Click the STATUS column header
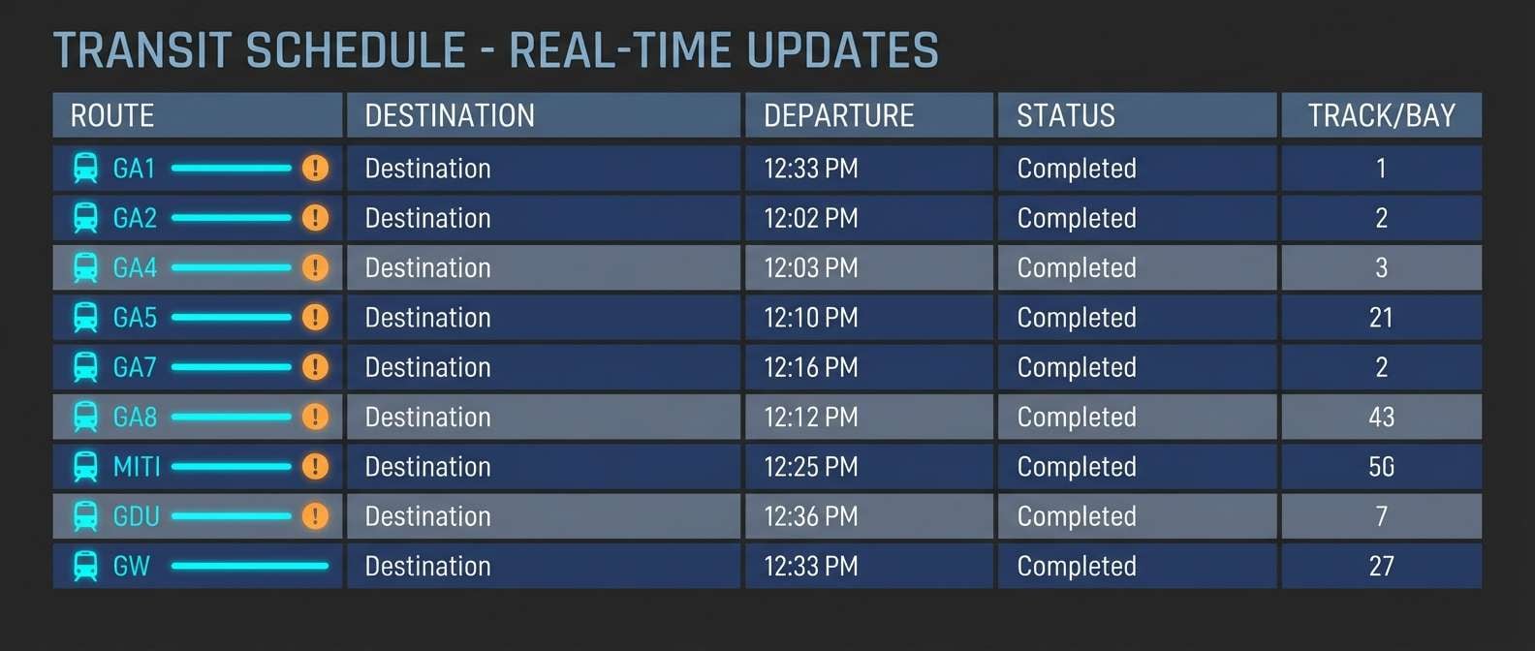point(1065,116)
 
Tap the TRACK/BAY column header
point(1381,116)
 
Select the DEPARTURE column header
point(838,116)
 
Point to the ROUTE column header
point(112,116)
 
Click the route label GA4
point(135,267)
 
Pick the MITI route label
point(137,467)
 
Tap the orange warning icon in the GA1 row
point(315,169)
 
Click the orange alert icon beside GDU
point(315,516)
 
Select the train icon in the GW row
point(85,566)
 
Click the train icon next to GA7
point(85,367)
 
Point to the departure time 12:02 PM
point(810,218)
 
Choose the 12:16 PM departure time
point(810,367)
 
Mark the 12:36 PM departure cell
point(810,516)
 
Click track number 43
point(1381,418)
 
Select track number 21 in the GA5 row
point(1381,318)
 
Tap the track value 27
point(1381,567)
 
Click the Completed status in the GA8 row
point(1076,418)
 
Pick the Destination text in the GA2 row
point(427,218)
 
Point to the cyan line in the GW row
point(250,566)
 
